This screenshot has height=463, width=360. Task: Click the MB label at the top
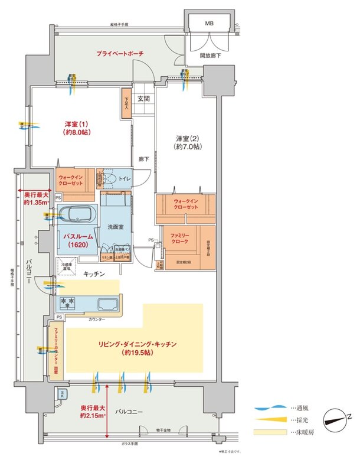pos(209,23)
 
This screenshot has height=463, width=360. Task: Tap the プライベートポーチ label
pos(120,54)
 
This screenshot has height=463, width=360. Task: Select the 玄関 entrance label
pos(144,99)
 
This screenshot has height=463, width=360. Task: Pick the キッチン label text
pos(94,274)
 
